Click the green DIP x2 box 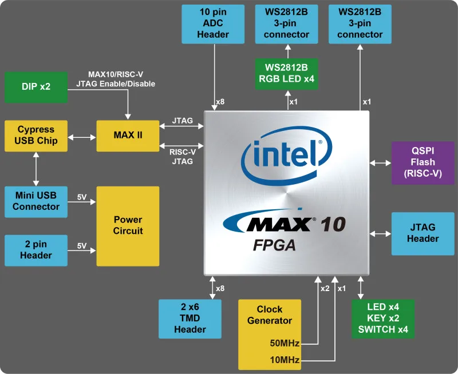tap(35, 87)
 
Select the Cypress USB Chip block tap(35, 136)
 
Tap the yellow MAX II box tap(128, 136)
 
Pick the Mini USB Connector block tap(35, 201)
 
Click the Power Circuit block tap(128, 225)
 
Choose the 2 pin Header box tap(35, 250)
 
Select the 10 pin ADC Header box tap(213, 24)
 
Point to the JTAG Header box tap(423, 233)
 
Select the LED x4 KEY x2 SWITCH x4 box tap(382, 318)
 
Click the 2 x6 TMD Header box tap(190, 318)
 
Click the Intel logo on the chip tap(287, 154)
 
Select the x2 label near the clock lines tap(325, 288)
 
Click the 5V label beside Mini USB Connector tap(82, 197)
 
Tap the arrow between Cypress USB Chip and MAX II tap(81, 137)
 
